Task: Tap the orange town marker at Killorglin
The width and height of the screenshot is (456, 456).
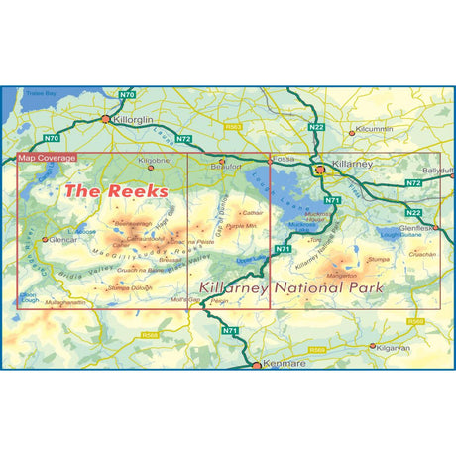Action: (x=107, y=119)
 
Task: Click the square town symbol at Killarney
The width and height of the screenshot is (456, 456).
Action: (x=319, y=170)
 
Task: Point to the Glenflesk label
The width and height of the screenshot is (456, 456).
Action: (x=416, y=228)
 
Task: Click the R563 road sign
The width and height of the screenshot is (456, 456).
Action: (x=234, y=128)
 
